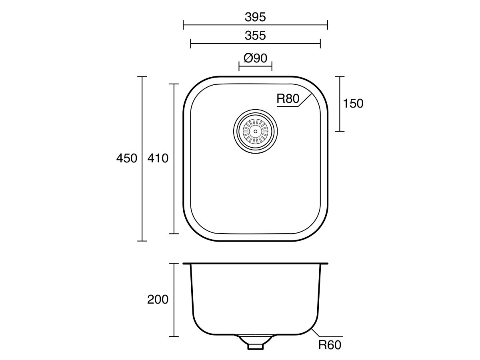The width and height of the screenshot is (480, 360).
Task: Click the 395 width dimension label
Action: click(x=255, y=17)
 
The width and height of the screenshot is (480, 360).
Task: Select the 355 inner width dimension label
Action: click(x=255, y=35)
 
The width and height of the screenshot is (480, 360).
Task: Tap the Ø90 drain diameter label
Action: click(x=255, y=58)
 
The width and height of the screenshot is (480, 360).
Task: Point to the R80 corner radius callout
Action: click(x=288, y=99)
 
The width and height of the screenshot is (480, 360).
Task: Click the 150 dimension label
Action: click(x=353, y=104)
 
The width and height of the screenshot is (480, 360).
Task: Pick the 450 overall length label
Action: click(x=126, y=158)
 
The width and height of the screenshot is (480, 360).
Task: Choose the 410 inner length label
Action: click(x=158, y=158)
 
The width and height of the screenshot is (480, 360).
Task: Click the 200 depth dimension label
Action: click(x=158, y=299)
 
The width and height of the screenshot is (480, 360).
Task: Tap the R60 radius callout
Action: click(x=330, y=345)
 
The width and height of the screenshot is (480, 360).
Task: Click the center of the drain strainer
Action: click(x=255, y=131)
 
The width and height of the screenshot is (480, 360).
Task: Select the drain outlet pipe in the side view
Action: click(x=255, y=345)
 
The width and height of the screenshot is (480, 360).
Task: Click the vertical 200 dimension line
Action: click(x=174, y=316)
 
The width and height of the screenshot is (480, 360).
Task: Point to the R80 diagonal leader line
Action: click(x=306, y=98)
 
